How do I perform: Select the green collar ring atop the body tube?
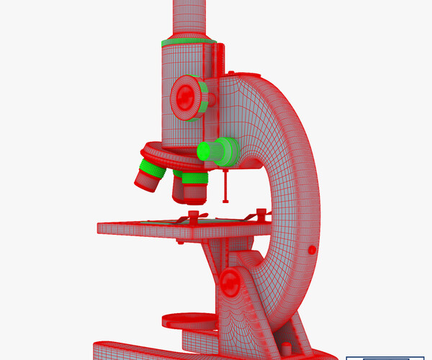click(x=189, y=41)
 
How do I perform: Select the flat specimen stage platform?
click(x=180, y=228)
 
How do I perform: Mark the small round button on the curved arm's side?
click(x=312, y=249)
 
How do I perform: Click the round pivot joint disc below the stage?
click(x=232, y=282)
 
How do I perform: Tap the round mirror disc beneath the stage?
click(x=189, y=318)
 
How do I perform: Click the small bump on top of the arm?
click(x=231, y=72)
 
